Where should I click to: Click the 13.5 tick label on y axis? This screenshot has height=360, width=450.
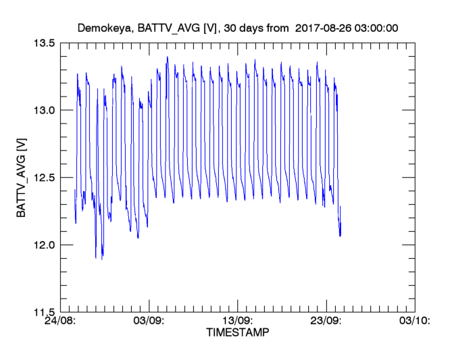pos(43,43)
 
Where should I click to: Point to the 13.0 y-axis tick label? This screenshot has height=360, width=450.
pos(43,110)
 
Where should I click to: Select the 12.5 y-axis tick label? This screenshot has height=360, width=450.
pos(43,178)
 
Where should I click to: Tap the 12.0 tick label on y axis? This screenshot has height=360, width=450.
pos(43,245)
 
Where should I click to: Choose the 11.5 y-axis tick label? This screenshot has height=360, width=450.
pos(43,312)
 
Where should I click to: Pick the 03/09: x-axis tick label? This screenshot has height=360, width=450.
pos(149,321)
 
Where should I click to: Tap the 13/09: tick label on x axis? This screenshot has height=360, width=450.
pos(238,321)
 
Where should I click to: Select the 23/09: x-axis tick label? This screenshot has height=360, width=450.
pos(326,321)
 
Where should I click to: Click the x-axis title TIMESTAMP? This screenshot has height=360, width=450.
pos(237,333)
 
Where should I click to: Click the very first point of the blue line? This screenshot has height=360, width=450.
pos(74,190)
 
